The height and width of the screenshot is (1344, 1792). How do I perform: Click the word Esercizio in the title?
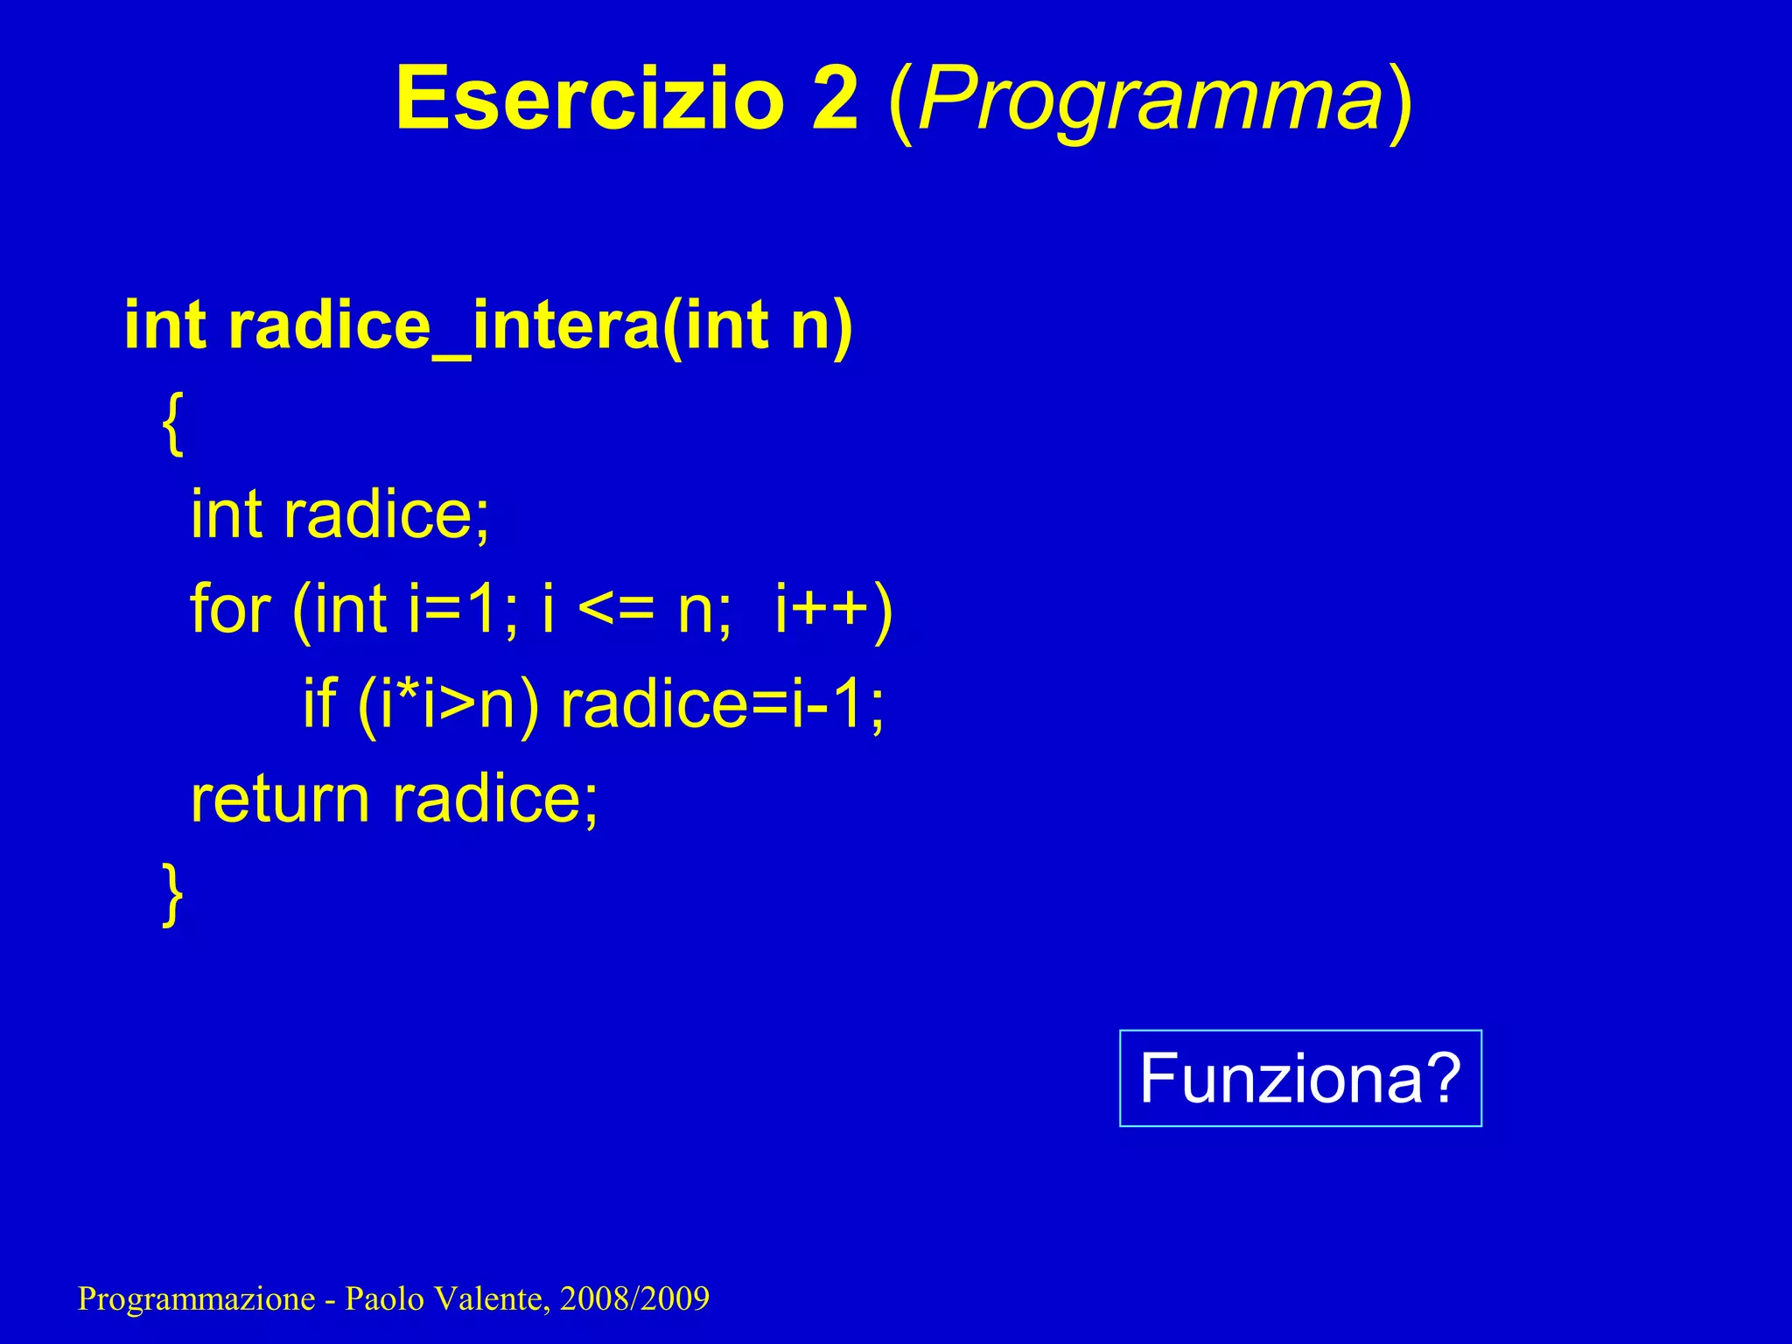[589, 98]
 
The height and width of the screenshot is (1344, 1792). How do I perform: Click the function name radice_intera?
[444, 325]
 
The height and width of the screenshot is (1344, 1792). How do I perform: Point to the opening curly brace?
[173, 423]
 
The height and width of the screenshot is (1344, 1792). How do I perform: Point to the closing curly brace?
[173, 892]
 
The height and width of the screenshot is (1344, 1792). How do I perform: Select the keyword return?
[280, 799]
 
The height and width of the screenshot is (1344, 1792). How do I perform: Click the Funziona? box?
[1299, 1078]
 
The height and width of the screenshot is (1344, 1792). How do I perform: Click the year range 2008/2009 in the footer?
[634, 1298]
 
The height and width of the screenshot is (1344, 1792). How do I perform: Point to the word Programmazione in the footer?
[196, 1299]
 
